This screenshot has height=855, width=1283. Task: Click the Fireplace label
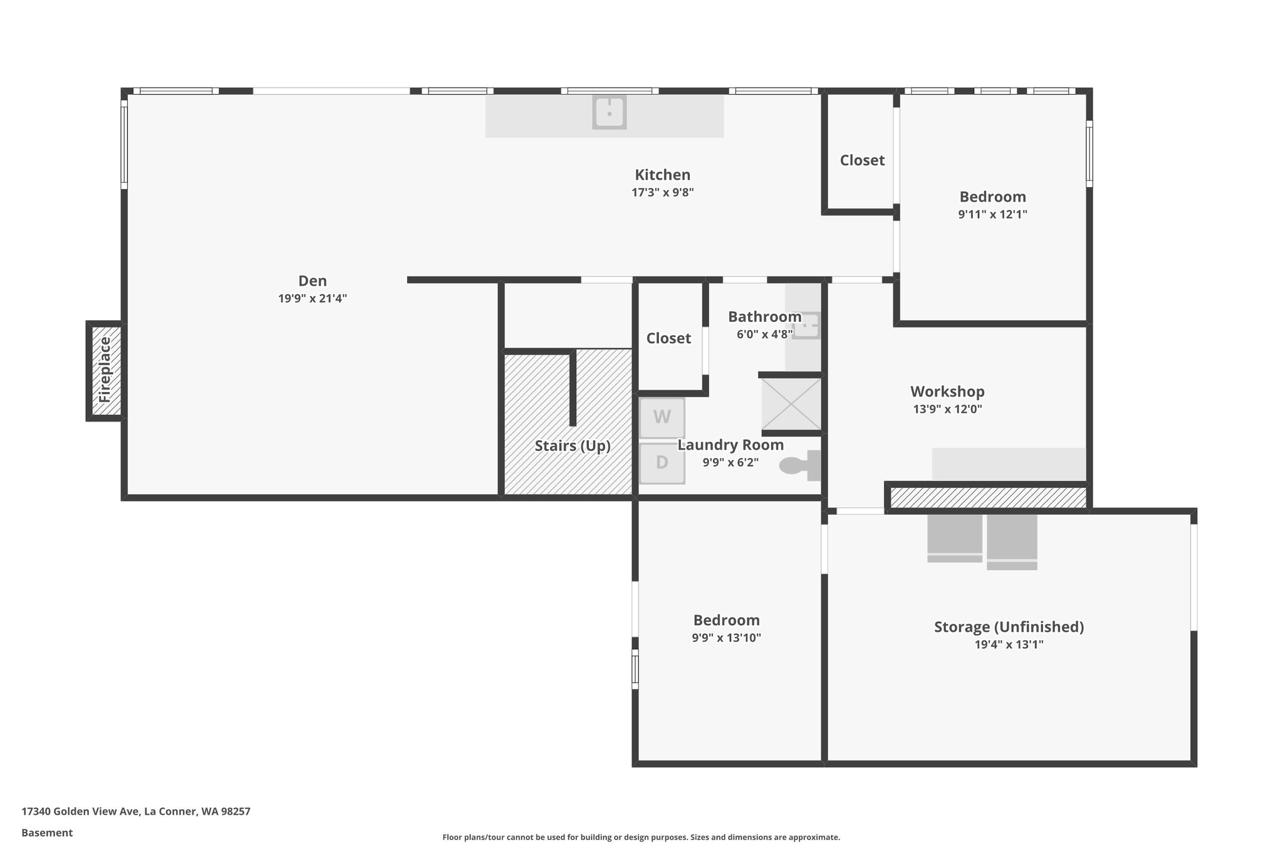(x=105, y=370)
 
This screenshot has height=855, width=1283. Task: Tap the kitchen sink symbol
(x=609, y=113)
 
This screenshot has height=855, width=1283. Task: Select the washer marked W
(x=662, y=417)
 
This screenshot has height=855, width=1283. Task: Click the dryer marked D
(x=662, y=463)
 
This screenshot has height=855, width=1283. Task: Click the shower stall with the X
(x=791, y=404)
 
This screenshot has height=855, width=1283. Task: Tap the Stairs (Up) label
(x=572, y=446)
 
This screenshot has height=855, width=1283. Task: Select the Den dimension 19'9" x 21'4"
(x=312, y=299)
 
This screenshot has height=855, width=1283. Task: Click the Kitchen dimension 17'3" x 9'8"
(x=662, y=192)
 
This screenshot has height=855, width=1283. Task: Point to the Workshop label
(x=947, y=391)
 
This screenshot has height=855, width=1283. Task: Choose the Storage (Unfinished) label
(x=1009, y=627)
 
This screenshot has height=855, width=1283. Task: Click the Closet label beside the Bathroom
(x=668, y=338)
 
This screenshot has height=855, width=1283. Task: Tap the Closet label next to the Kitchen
(x=862, y=160)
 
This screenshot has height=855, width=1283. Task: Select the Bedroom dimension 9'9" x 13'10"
(x=726, y=638)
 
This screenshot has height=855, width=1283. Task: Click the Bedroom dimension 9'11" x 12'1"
(x=992, y=214)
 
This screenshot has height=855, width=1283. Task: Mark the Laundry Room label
(x=730, y=445)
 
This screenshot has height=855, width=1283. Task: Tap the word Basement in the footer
(x=47, y=833)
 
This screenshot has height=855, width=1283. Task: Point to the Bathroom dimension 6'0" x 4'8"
(x=764, y=334)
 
